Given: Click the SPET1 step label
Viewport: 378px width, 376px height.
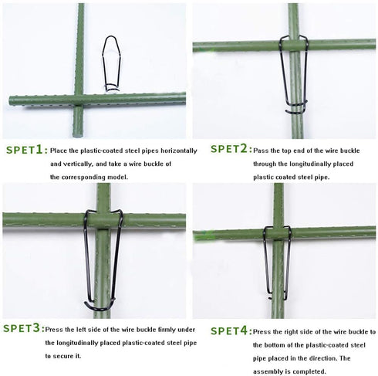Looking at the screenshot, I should [x=25, y=151].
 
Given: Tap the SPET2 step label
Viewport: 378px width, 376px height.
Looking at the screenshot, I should [x=229, y=149].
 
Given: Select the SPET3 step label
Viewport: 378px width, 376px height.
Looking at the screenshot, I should [x=23, y=329].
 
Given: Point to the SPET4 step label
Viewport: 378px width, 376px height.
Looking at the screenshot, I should [x=229, y=330].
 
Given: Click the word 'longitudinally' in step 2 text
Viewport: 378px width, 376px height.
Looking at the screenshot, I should [x=301, y=164].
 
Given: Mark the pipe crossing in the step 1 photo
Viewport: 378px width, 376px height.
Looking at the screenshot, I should [x=79, y=100].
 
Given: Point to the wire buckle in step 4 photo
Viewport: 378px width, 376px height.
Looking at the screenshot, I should [x=278, y=263].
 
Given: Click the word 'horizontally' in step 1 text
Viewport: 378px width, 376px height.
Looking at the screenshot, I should [x=179, y=151].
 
